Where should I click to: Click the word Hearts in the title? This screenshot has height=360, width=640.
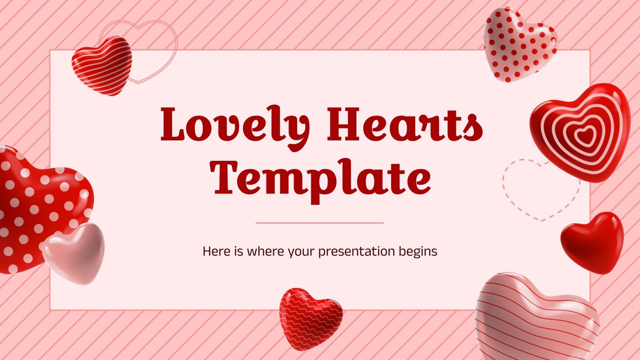405,124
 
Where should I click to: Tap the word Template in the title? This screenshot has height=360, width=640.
320,182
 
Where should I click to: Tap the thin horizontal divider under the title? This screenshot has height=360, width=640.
320,223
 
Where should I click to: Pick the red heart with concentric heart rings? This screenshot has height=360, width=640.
580,133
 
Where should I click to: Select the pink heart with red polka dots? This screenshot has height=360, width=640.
520,44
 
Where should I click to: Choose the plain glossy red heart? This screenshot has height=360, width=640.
592,243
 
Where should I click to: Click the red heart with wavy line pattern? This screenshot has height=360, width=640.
310,318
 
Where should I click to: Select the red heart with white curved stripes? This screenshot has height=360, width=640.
102,66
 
